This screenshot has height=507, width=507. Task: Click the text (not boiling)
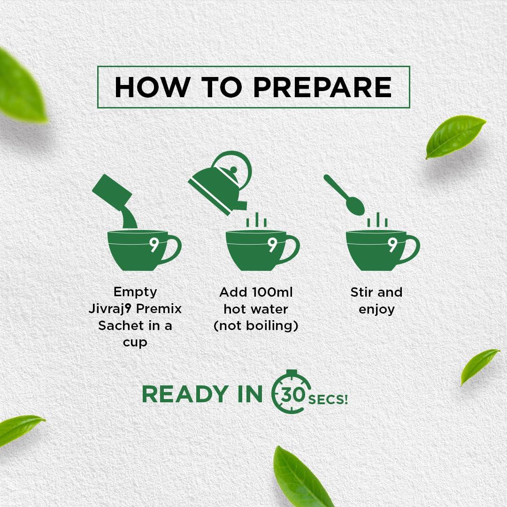coord(256,326)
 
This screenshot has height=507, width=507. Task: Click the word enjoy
coord(376,309)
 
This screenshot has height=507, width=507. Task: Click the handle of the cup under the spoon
coord(411,249)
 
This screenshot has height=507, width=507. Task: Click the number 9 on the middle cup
coord(272,245)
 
